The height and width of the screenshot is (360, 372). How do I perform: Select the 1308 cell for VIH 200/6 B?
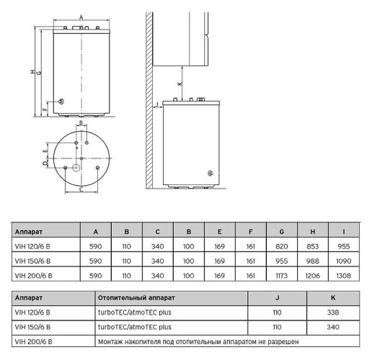pyautogui.click(x=345, y=274)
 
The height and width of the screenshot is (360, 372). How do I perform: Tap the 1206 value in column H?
pyautogui.click(x=313, y=274)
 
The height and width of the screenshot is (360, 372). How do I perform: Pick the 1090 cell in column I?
pyautogui.click(x=345, y=260)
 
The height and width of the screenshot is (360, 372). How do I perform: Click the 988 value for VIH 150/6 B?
pyautogui.click(x=313, y=260)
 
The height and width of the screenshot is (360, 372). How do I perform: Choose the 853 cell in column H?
pyautogui.click(x=313, y=246)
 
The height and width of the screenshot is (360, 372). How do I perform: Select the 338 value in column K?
pyautogui.click(x=332, y=312)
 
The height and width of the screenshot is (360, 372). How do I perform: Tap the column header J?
pyautogui.click(x=277, y=297)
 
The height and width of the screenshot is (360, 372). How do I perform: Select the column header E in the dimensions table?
pyautogui.click(x=219, y=232)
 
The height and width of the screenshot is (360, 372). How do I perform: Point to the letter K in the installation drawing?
pyautogui.click(x=180, y=84)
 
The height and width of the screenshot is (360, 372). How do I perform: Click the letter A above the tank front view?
pyautogui.click(x=81, y=16)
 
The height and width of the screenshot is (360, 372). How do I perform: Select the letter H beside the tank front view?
pyautogui.click(x=32, y=71)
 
